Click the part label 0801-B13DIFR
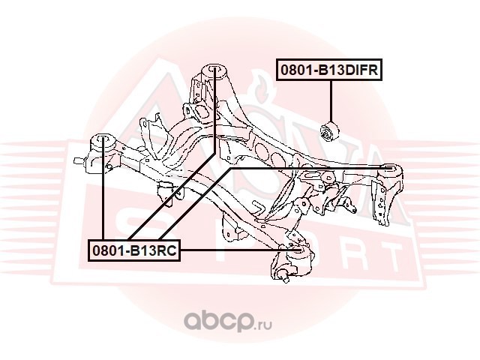tap(330, 70)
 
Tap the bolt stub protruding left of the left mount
tap(78, 159)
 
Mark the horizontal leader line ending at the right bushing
tap(307, 169)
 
